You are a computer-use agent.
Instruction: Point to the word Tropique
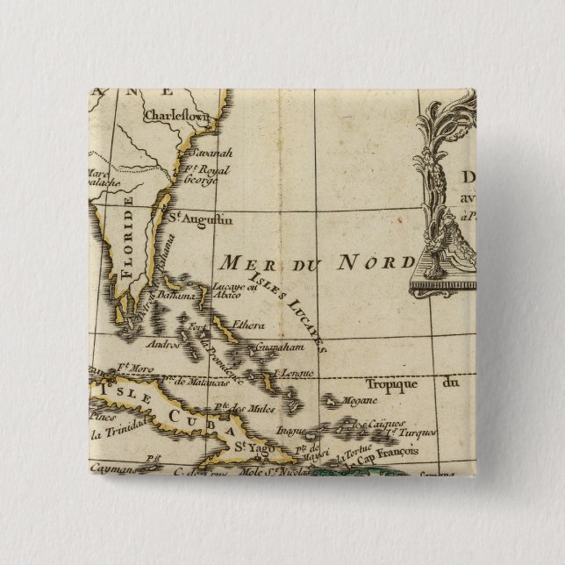point(386,383)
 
